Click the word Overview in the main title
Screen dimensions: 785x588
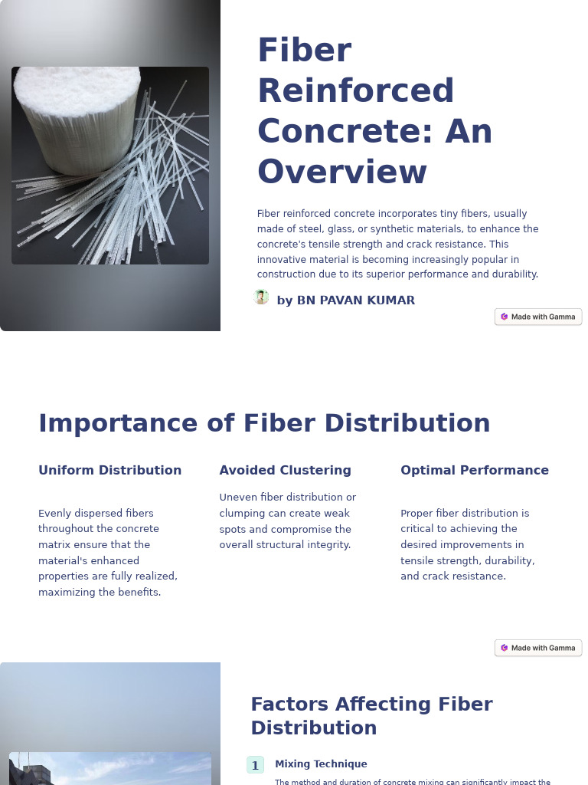tap(341, 172)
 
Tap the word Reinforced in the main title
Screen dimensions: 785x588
tap(355, 90)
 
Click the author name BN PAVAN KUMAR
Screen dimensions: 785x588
tap(345, 301)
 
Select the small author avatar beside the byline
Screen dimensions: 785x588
tap(261, 297)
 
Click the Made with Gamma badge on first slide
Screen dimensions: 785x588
tap(538, 317)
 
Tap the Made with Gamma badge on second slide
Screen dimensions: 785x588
tap(538, 648)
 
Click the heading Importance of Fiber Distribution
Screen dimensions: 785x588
tap(264, 423)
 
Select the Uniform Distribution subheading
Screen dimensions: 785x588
tap(109, 470)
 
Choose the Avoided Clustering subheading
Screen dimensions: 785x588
tap(285, 470)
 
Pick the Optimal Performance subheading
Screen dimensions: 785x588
tap(475, 470)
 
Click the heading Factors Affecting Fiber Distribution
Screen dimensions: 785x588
tap(371, 715)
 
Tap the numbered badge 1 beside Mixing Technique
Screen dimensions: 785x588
tap(255, 765)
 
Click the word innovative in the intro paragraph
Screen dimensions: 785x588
tap(281, 260)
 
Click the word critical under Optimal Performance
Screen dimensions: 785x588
tap(418, 529)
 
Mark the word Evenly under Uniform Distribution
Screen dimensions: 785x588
tap(54, 513)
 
